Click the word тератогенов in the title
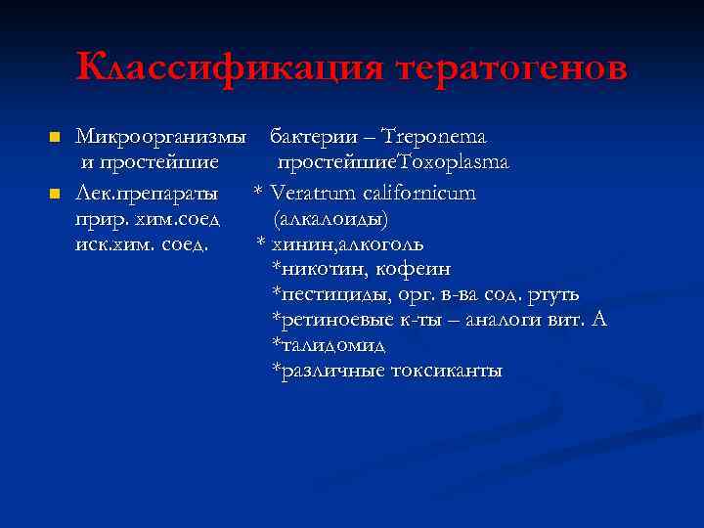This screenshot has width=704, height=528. click(x=512, y=67)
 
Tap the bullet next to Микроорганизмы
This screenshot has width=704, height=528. click(x=55, y=137)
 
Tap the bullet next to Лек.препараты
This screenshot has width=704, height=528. click(x=55, y=193)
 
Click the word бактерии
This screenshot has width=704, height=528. click(x=305, y=137)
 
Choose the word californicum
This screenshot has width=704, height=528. click(x=420, y=193)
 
